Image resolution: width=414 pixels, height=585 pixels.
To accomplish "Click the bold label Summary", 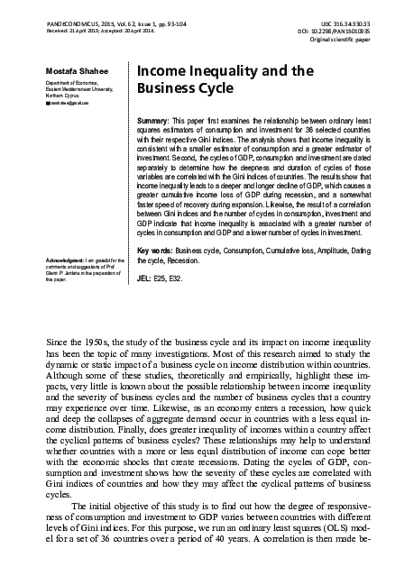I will pyautogui.click(x=155, y=120).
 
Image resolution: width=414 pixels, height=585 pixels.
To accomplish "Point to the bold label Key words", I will pyautogui.click(x=154, y=249).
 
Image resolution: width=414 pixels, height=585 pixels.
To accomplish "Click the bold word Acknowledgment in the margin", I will pyautogui.click(x=67, y=261).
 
